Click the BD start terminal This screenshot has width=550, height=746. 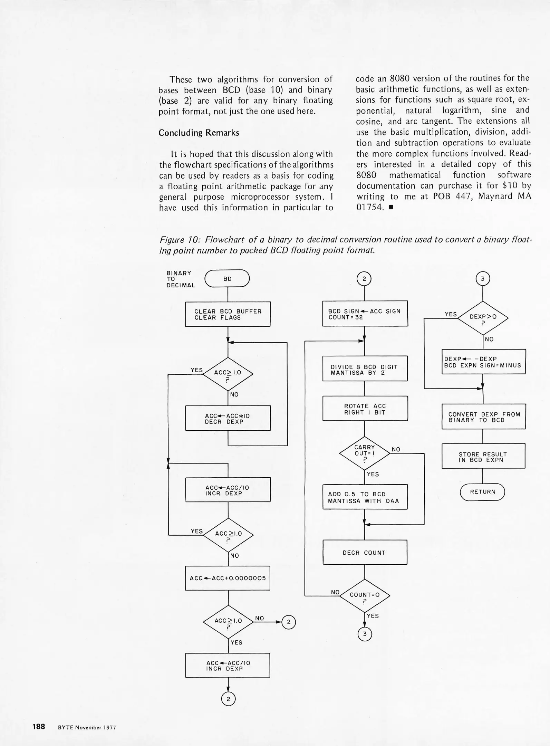coord(227,278)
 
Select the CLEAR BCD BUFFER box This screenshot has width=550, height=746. coord(228,314)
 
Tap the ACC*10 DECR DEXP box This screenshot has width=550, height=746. coord(228,418)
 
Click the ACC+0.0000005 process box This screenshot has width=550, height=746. coord(228,578)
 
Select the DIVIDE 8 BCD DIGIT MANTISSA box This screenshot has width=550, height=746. coord(365,369)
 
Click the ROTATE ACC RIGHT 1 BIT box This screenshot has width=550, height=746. coord(365,409)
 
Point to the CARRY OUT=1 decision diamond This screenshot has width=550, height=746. coord(365,453)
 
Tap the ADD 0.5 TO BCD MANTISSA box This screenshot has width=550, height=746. coord(365,497)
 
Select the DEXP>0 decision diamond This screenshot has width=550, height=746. coord(483,318)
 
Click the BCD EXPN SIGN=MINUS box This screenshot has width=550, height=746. coord(483,362)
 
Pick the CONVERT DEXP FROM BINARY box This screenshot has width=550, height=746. coord(483,417)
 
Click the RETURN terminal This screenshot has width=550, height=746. coord(482,492)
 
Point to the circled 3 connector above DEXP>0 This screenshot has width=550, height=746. coord(483,278)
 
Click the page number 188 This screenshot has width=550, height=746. coord(39,726)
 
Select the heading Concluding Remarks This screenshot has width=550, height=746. coord(199,133)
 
